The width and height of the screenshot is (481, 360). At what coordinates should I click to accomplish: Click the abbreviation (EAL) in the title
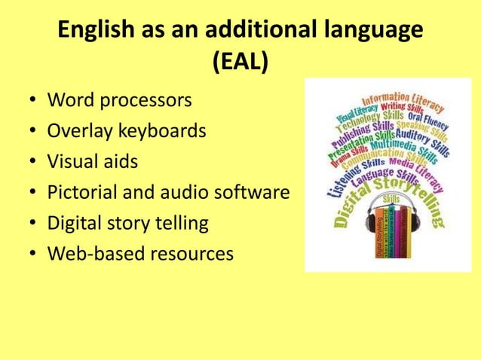click(240, 63)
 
